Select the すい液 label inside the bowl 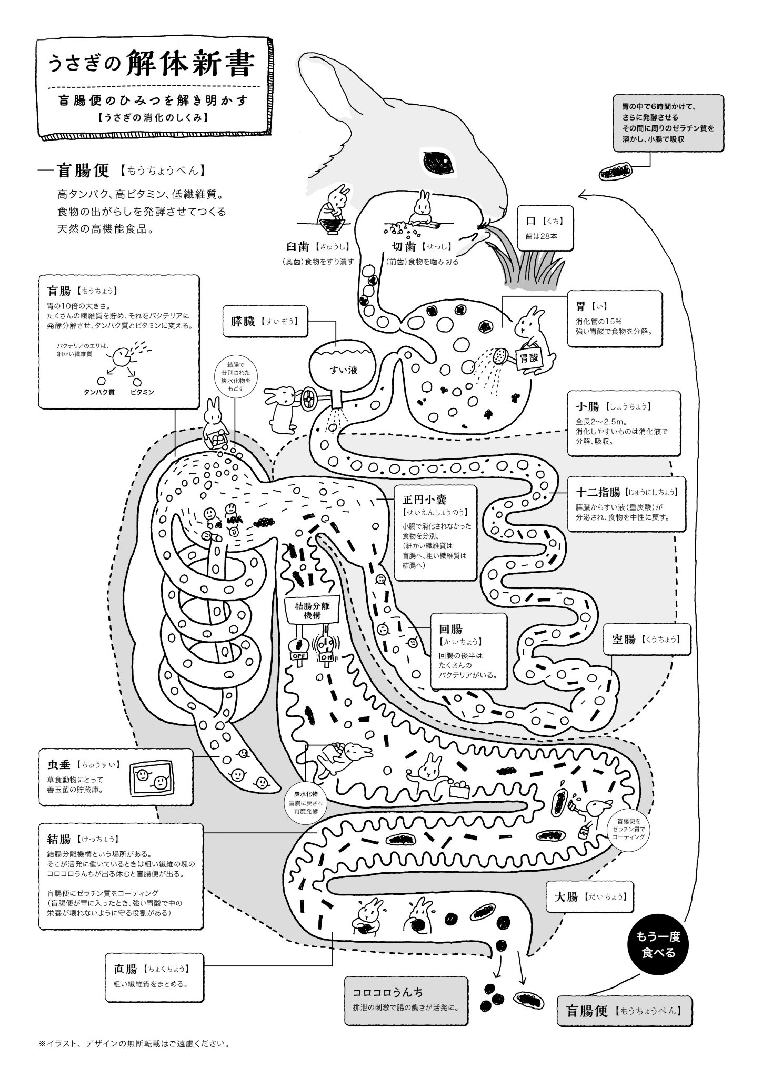click(x=344, y=370)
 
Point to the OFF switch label click(x=298, y=657)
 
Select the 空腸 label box click(x=647, y=640)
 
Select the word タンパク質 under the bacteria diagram click(x=99, y=392)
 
